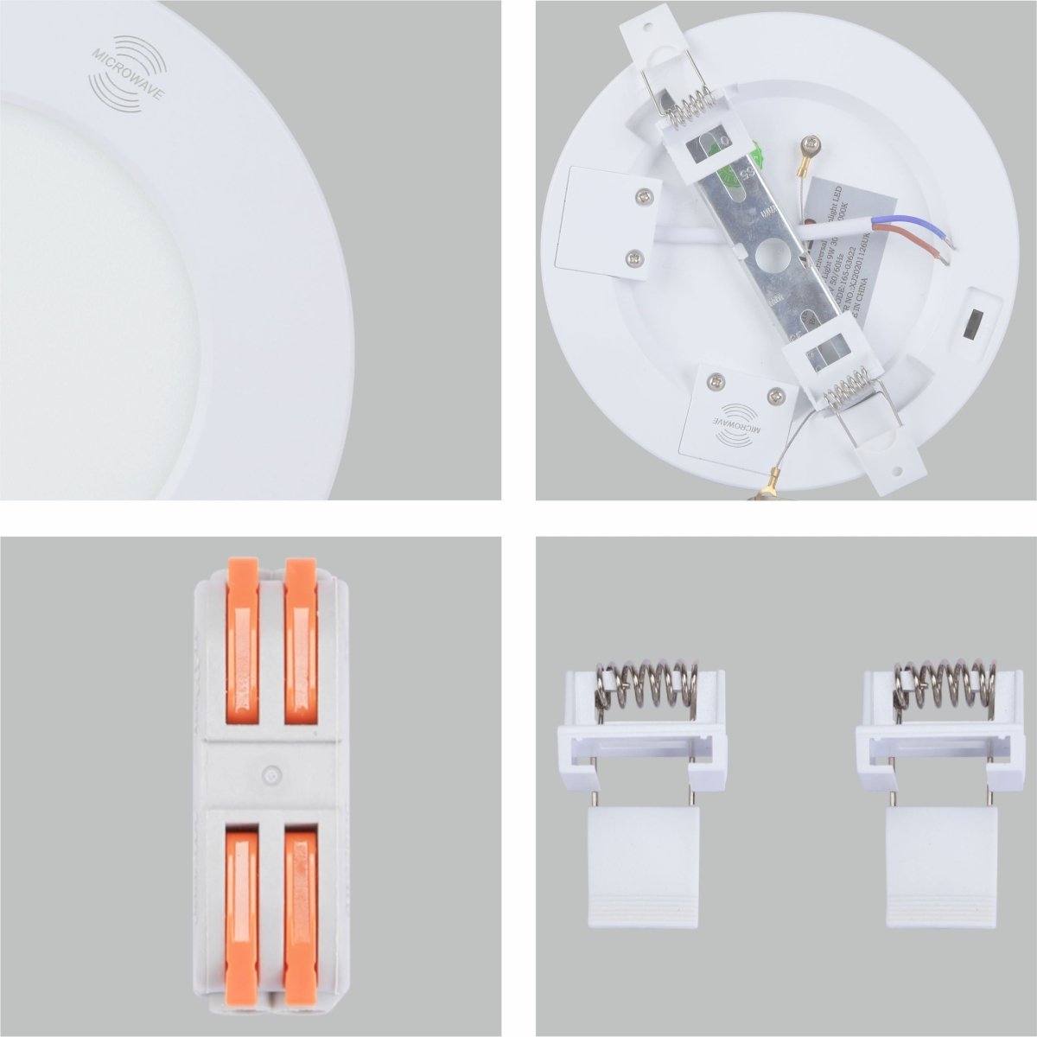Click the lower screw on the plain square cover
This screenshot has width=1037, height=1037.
point(635,257)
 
